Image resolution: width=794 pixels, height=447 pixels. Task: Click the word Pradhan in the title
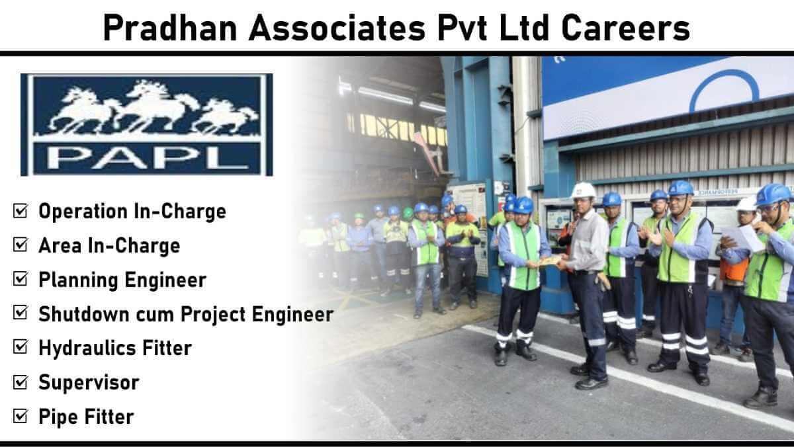pos(170,28)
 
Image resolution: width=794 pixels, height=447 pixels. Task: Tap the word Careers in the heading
pos(626,28)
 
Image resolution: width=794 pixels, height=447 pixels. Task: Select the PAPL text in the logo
pos(148,158)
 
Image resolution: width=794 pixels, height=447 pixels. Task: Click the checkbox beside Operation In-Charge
pos(21,210)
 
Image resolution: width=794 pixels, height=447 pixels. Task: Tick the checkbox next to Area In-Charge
pos(21,245)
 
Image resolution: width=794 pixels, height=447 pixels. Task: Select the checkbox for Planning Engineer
pos(21,279)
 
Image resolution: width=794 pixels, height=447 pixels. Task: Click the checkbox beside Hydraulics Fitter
pos(21,347)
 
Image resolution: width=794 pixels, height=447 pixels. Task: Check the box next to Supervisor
pos(21,382)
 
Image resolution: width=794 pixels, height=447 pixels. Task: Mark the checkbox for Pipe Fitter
pos(21,416)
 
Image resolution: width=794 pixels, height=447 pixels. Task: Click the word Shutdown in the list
pos(83,314)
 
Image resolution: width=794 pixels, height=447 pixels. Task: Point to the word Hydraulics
pos(87,349)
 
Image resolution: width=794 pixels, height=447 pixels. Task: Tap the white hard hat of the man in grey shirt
pos(583,190)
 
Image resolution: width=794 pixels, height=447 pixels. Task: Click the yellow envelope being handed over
pos(550,261)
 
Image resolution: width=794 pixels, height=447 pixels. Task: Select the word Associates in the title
pos(337,28)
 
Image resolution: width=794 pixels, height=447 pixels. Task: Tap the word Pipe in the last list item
pos(58,417)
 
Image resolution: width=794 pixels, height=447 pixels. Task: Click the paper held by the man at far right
pos(742,239)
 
